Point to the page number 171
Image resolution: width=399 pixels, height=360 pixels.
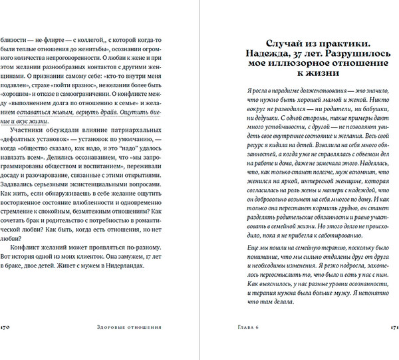click(x=393, y=327)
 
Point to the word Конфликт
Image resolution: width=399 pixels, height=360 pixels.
click(x=31, y=244)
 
